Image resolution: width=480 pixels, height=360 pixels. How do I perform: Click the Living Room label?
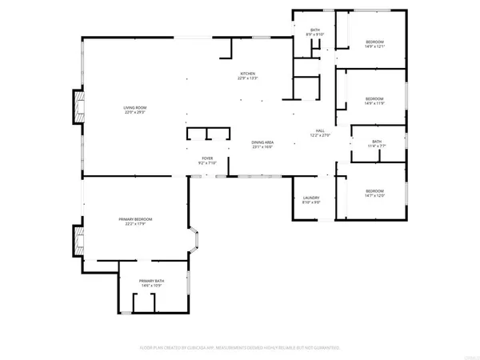click(x=134, y=107)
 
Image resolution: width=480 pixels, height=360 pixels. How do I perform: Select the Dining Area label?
click(x=262, y=142)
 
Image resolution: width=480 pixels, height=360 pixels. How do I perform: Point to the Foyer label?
click(x=206, y=158)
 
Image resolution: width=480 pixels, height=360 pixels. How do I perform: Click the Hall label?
click(x=319, y=131)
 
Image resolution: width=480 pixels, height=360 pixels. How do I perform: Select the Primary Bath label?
click(x=150, y=281)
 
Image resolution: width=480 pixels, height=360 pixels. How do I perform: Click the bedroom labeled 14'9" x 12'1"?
click(x=375, y=42)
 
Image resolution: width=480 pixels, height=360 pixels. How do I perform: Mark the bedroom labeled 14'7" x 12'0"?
click(x=375, y=190)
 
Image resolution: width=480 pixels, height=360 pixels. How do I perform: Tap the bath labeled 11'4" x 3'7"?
click(x=376, y=142)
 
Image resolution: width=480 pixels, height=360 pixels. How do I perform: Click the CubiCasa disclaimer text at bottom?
click(x=240, y=349)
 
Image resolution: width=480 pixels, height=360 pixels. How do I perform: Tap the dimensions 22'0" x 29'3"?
click(x=134, y=112)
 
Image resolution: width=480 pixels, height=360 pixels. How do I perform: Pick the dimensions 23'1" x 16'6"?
click(x=262, y=146)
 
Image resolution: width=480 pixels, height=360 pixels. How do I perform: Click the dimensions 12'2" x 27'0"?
click(x=319, y=136)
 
